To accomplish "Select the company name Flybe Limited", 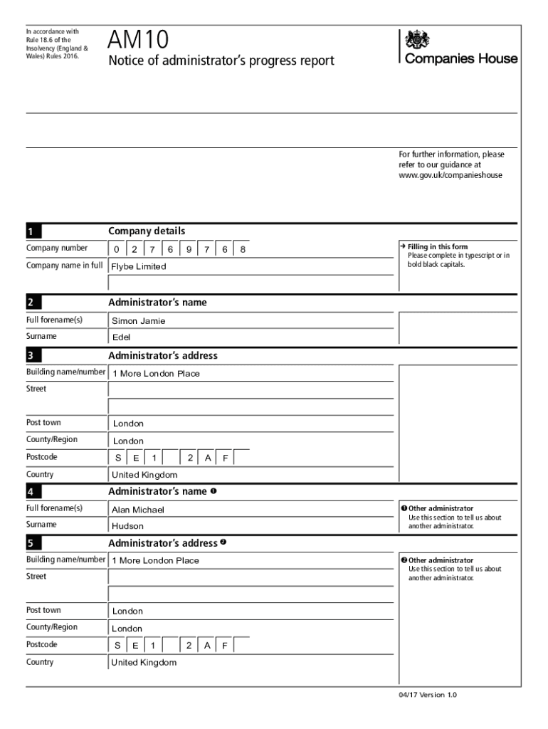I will (x=139, y=266).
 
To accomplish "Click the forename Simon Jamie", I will (x=139, y=321).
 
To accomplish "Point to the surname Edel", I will (x=122, y=337).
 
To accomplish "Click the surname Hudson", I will (x=127, y=526).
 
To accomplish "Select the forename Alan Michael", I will (x=138, y=510).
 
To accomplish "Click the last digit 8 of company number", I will (x=243, y=249).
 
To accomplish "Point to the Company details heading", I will (x=147, y=231).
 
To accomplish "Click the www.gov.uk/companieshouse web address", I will (x=450, y=174).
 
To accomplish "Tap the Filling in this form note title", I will (x=437, y=247).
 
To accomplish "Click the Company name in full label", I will (x=65, y=266).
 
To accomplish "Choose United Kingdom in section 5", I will (x=144, y=663).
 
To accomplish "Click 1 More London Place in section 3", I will (x=156, y=374).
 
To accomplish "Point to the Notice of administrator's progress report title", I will (x=221, y=61).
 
